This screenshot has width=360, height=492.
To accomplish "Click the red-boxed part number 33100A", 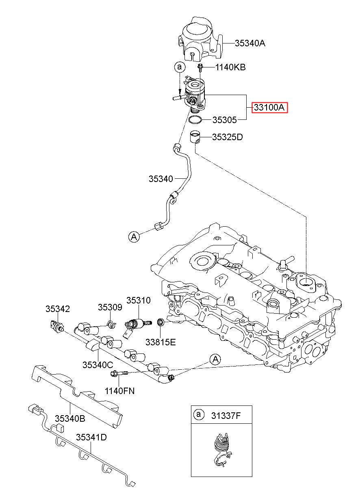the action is coord(269,107).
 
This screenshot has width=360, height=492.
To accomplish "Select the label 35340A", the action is coord(250,43).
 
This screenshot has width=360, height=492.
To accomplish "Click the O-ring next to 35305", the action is coord(195,120).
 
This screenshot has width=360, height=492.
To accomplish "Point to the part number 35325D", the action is coord(227,137).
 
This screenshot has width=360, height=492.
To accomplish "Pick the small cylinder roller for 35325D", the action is coord(195,137).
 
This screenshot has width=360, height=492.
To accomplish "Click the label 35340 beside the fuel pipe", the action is coord(161,179).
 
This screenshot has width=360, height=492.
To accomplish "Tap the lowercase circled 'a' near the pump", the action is coord(180,67).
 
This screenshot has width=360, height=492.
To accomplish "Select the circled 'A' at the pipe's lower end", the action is coord(134,237).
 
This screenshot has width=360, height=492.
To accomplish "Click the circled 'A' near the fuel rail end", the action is coord(215,360).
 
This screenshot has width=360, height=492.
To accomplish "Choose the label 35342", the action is coord(58,309).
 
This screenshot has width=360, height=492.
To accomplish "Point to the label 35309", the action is coord(110,307).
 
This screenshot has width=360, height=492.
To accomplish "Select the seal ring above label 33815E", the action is coord(160,323).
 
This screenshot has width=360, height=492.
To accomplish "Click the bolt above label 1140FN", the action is coord(119,373).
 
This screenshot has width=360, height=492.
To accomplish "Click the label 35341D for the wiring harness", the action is coord(91,437).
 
